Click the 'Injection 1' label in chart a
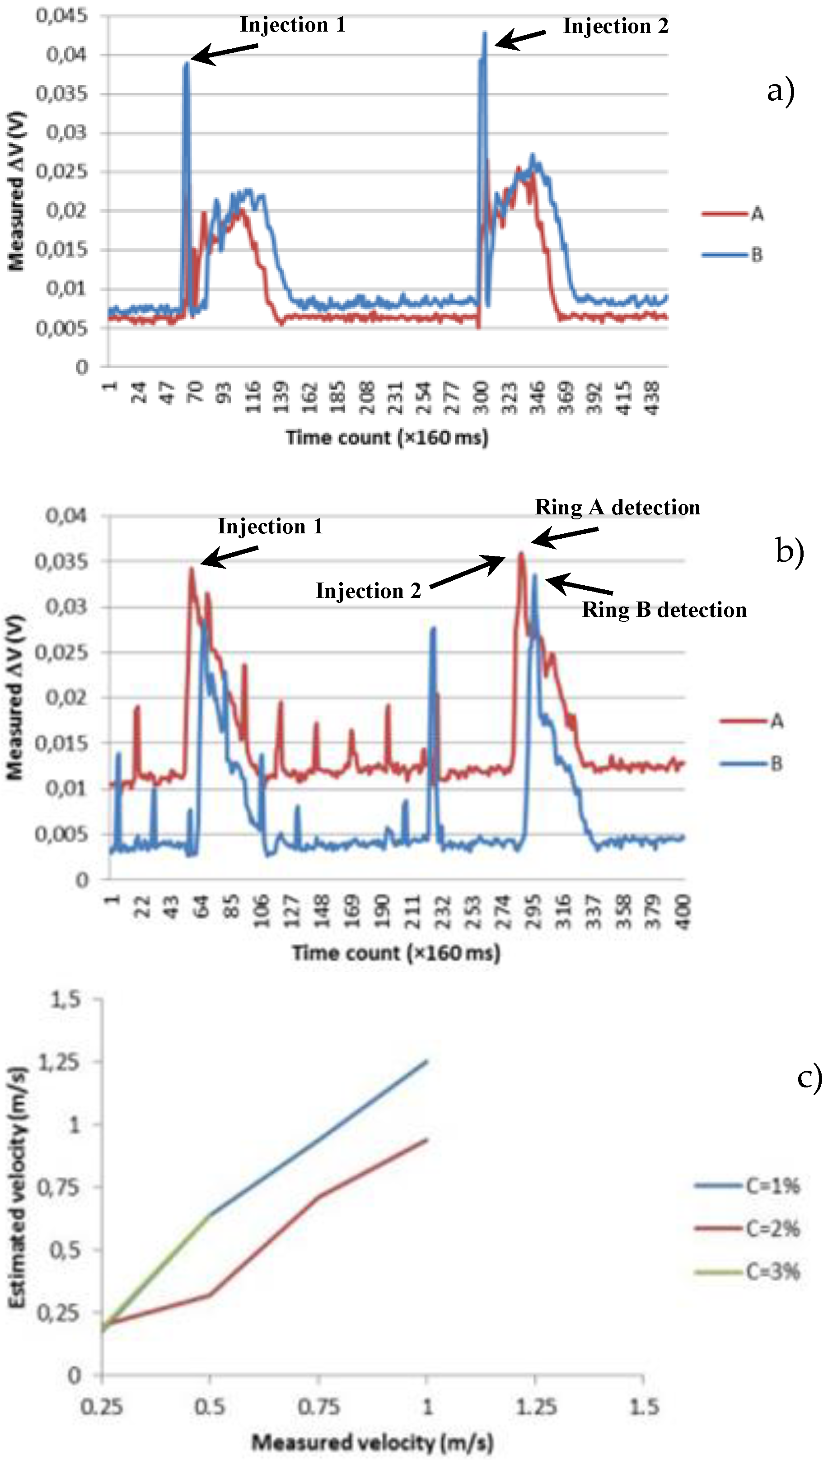pyautogui.click(x=292, y=25)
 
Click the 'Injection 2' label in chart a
pyautogui.click(x=615, y=26)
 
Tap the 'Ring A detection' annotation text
pyautogui.click(x=617, y=507)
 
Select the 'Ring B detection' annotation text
pyautogui.click(x=664, y=610)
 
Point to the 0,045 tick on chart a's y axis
pyautogui.click(x=62, y=15)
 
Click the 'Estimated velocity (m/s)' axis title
pyautogui.click(x=17, y=1188)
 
